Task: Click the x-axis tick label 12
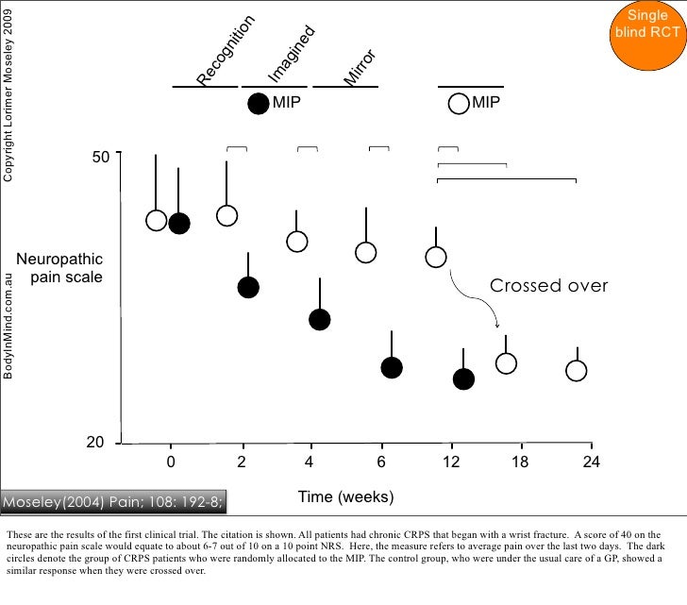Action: point(452,462)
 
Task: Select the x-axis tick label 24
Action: point(592,462)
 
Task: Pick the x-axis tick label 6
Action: point(381,462)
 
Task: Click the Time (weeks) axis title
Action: point(345,496)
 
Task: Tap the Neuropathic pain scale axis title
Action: point(59,268)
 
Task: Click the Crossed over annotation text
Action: point(549,286)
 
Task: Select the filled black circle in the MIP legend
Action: point(258,104)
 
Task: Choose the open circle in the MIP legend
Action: point(459,104)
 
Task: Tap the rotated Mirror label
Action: point(360,69)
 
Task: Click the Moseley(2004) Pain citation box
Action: point(112,500)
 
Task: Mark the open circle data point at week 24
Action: point(577,370)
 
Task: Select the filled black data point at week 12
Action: point(463,378)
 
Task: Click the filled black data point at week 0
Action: point(178,223)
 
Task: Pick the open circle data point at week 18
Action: point(507,363)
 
